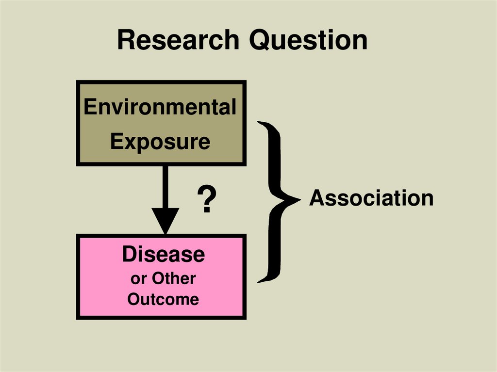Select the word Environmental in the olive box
coord(160,107)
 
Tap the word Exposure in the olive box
coord(160,142)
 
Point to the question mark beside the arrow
coord(206,200)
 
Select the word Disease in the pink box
coord(163,255)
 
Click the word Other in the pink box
coord(174,278)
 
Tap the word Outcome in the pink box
coord(163,299)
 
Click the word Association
coord(371,198)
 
